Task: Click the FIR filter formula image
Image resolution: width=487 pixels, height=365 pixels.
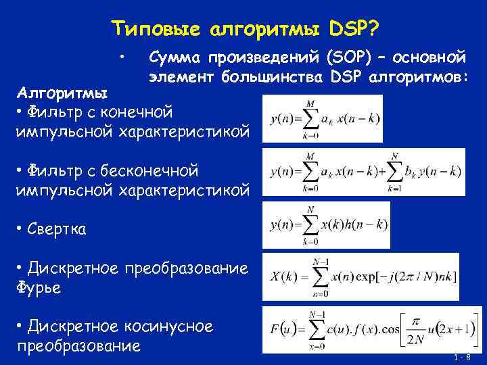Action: [x=324, y=118]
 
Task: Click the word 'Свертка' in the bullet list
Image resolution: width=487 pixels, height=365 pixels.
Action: [x=57, y=229]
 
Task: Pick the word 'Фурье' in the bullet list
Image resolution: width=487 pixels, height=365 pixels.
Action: [x=38, y=288]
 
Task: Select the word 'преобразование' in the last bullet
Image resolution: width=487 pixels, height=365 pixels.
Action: [x=78, y=346]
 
